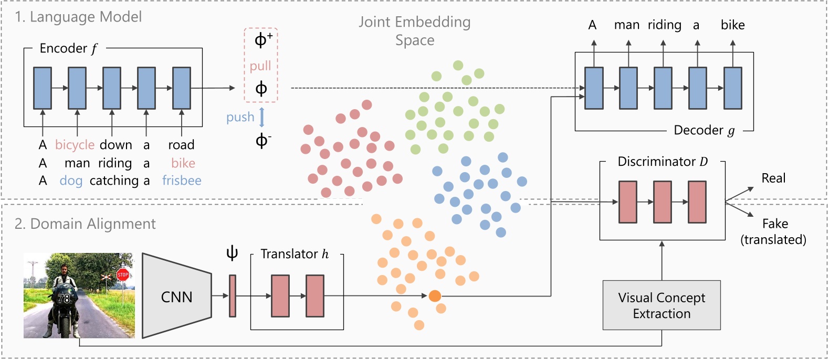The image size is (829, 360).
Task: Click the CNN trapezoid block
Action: [177, 297]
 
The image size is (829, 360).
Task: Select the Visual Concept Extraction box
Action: [662, 305]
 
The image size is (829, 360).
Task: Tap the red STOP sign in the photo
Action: [122, 274]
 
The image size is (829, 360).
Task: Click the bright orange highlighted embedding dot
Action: [435, 296]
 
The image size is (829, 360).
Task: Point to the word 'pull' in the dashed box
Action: [260, 66]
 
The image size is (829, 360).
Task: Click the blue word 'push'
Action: [240, 117]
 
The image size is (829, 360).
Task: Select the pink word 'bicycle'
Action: [75, 145]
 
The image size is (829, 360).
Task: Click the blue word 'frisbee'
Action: [182, 181]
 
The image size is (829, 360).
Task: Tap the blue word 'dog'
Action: [71, 181]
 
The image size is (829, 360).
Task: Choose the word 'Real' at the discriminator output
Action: [773, 178]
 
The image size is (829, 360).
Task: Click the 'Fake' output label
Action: [775, 224]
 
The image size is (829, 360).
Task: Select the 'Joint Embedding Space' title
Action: [415, 31]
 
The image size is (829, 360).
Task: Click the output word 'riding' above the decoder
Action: [664, 25]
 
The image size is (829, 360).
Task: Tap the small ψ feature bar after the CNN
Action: [233, 296]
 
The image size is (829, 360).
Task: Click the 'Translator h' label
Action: [295, 254]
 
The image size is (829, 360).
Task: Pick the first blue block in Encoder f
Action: [43, 88]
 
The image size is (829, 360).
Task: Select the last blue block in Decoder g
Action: [733, 88]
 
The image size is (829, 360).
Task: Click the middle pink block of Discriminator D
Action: [662, 202]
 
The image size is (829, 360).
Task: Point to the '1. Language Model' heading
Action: [78, 17]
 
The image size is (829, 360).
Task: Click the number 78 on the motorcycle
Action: [64, 299]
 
